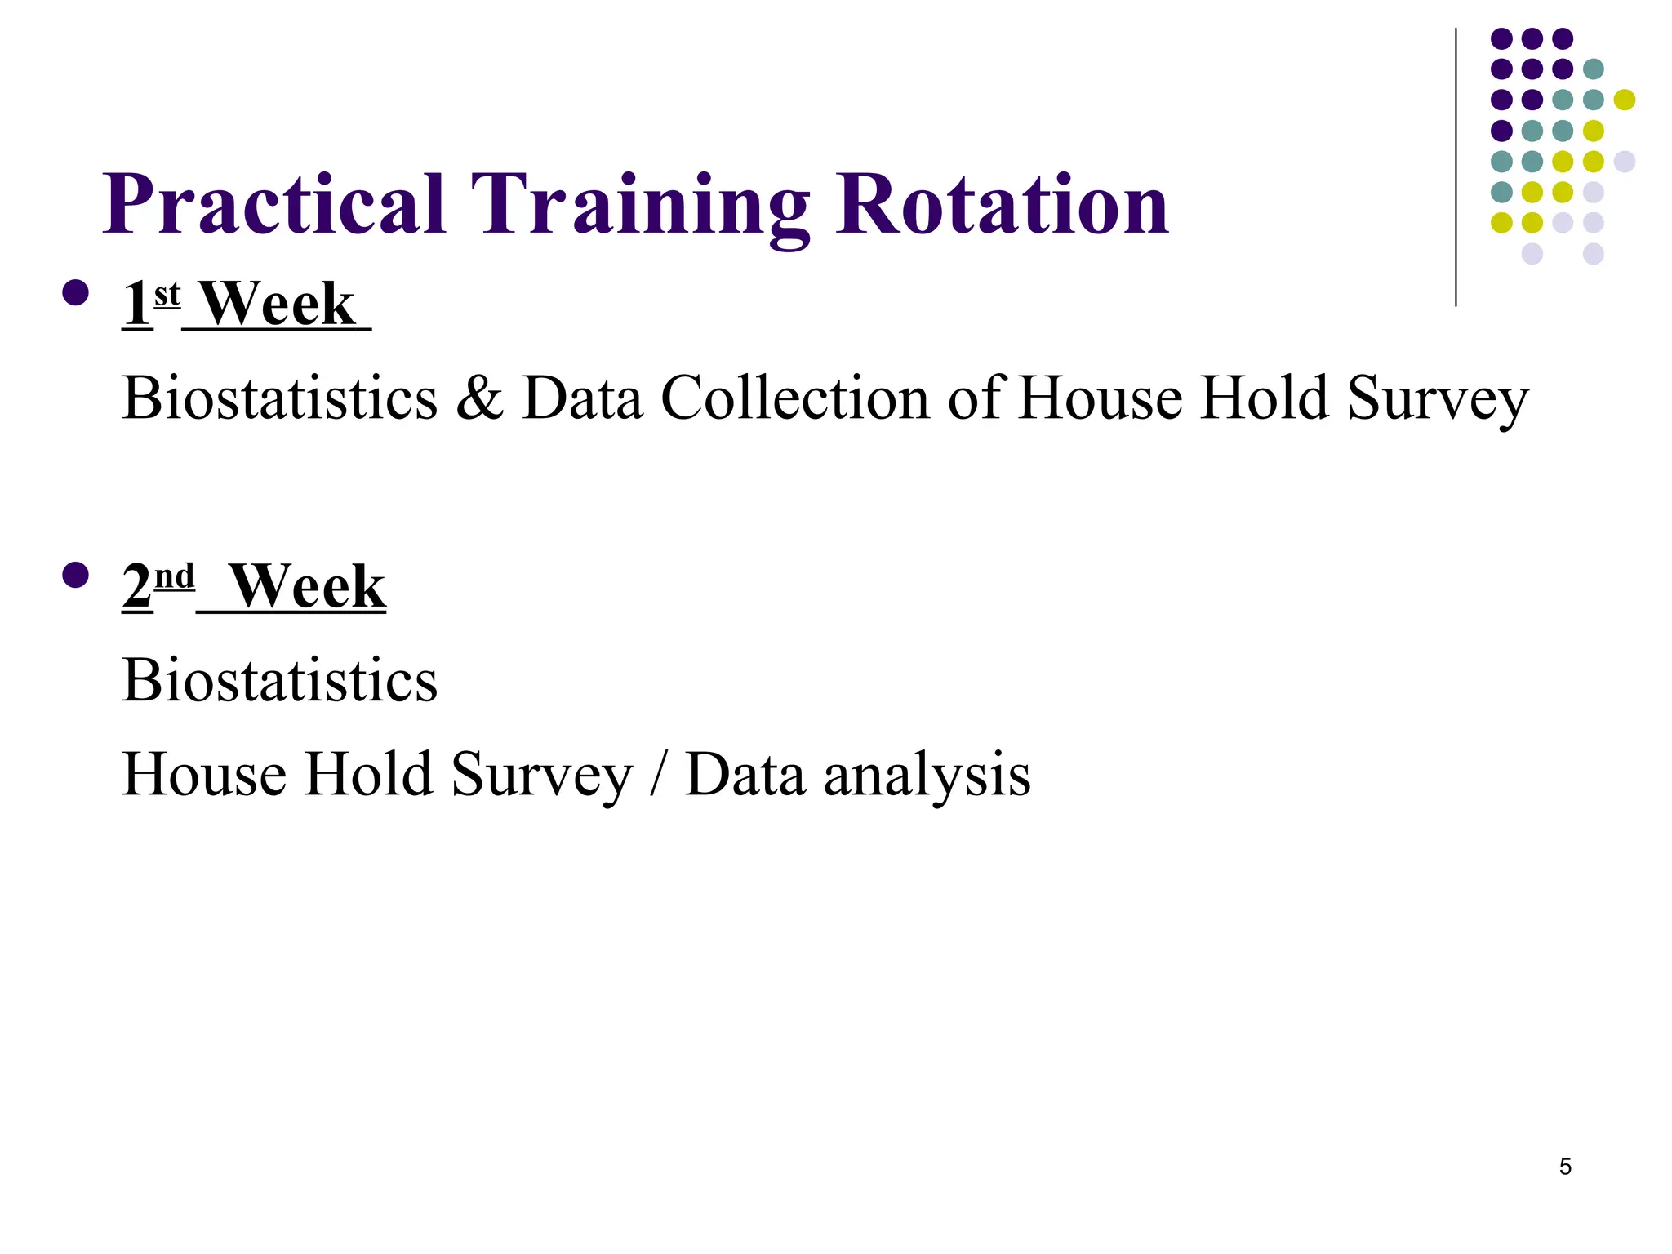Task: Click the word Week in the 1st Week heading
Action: coord(278,304)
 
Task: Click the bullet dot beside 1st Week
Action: coord(75,293)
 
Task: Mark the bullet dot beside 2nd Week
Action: coord(75,576)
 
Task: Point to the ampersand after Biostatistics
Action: coord(479,398)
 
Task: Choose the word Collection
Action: coord(795,398)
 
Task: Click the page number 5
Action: coord(1565,1167)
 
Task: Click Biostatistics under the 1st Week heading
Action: coord(280,398)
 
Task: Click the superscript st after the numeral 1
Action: coord(167,294)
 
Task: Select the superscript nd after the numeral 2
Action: coord(175,576)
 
